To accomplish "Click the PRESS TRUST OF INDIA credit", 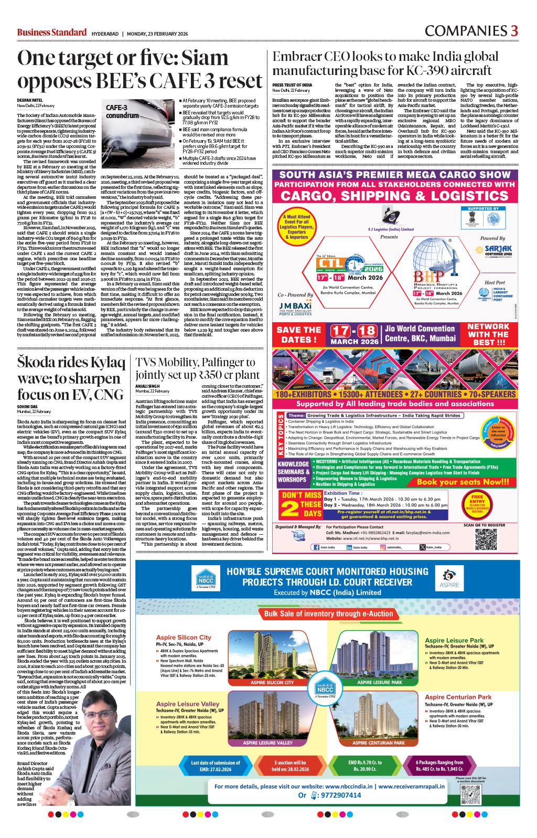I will [292, 85].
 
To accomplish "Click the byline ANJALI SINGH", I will [149, 386].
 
